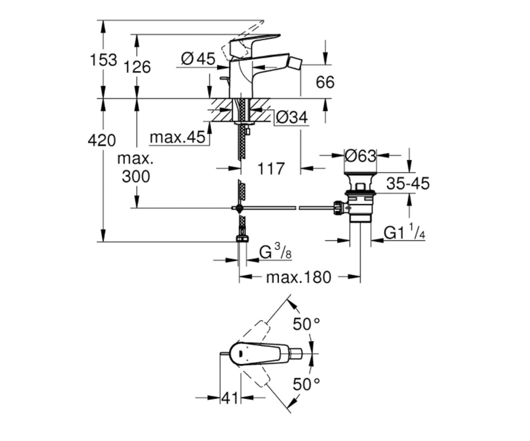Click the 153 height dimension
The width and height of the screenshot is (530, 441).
(103, 60)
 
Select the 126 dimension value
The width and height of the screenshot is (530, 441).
(137, 67)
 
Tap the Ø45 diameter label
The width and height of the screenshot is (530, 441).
(198, 59)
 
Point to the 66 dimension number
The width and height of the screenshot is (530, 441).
(325, 82)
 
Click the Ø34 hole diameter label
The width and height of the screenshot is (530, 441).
(292, 118)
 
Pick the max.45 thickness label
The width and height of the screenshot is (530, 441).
(178, 137)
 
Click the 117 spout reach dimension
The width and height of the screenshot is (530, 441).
(271, 168)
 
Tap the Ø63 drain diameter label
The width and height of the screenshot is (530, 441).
(360, 156)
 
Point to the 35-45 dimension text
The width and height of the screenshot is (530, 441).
(408, 183)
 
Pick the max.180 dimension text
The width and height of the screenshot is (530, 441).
(299, 277)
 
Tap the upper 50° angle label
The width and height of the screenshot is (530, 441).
(307, 324)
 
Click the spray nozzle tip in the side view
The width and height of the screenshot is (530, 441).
(294, 61)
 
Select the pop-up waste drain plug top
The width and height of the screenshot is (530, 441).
(360, 174)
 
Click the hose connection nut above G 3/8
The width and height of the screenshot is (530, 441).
(242, 239)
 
